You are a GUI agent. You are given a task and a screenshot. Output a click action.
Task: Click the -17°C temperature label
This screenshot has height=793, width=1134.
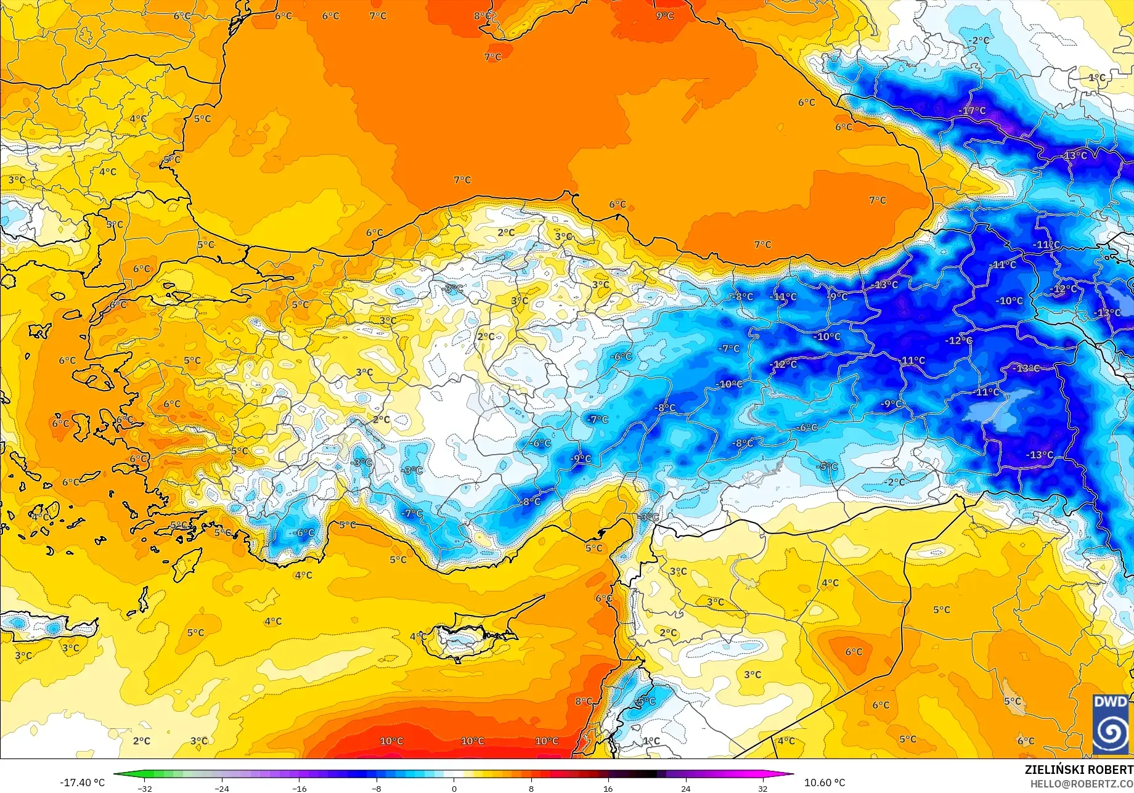973,111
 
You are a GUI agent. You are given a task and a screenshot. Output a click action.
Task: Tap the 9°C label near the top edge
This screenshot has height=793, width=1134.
664,16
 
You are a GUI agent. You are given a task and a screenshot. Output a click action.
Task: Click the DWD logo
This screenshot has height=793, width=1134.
1110,725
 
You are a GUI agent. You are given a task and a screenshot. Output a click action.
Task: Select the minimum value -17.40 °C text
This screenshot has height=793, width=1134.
82,783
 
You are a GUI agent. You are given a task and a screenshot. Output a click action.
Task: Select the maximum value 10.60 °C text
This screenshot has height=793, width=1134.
825,783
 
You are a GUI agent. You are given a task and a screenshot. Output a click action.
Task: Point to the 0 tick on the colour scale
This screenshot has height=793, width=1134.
454,788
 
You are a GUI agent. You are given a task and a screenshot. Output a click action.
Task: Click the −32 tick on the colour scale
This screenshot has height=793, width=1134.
145,788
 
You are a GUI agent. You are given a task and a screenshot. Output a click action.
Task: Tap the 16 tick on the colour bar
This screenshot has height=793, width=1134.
608,788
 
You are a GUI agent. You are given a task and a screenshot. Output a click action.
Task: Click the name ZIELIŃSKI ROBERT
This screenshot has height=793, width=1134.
1079,770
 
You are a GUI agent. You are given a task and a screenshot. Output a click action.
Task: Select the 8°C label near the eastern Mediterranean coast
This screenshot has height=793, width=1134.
584,701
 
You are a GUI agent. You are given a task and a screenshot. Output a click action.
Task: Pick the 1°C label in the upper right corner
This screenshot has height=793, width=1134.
1097,78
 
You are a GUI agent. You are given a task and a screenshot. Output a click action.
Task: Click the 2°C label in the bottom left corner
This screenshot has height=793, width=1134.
142,741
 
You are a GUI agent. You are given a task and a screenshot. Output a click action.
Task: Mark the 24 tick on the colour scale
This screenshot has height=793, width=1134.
685,788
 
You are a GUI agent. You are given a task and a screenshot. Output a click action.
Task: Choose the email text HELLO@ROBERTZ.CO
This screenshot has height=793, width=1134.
1082,783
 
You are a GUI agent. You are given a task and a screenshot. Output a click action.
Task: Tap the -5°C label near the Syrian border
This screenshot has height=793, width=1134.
827,467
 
